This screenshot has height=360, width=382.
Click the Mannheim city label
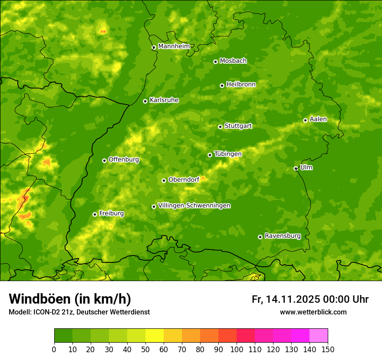click(x=174, y=46)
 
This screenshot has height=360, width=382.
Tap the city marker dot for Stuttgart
click(x=220, y=127)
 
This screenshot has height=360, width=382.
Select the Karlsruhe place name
click(x=164, y=100)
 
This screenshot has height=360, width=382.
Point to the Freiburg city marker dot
click(x=95, y=214)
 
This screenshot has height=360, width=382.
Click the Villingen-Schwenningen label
click(x=194, y=206)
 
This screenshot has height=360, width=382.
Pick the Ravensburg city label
click(x=282, y=236)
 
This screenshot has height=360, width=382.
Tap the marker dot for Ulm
click(x=296, y=168)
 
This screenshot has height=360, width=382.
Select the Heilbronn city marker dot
click(x=222, y=85)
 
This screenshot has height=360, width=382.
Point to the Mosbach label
click(x=233, y=61)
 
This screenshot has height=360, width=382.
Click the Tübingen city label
click(x=227, y=154)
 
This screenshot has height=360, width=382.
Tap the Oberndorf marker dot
click(x=164, y=180)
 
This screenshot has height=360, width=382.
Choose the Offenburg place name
click(x=123, y=160)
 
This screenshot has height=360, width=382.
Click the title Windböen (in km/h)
click(x=69, y=299)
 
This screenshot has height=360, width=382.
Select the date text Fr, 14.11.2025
click(x=286, y=299)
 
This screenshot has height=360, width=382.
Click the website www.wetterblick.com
click(x=313, y=312)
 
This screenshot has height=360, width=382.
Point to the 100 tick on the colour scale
click(x=237, y=349)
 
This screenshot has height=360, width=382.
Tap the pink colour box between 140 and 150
click(x=319, y=336)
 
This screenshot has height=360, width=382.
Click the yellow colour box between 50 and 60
click(x=155, y=336)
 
